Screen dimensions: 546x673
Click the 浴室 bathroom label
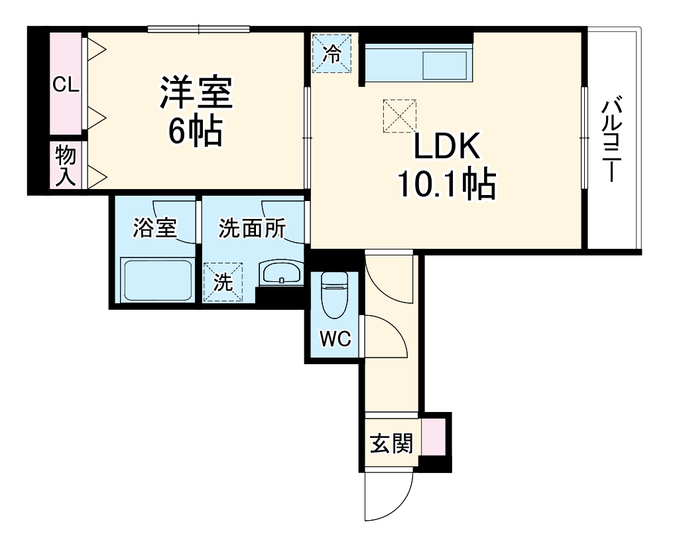(x=154, y=229)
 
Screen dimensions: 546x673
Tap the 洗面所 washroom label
(x=252, y=229)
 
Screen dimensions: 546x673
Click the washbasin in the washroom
(x=281, y=273)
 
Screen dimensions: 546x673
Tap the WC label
(x=335, y=339)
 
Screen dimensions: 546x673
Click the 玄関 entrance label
(x=391, y=443)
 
